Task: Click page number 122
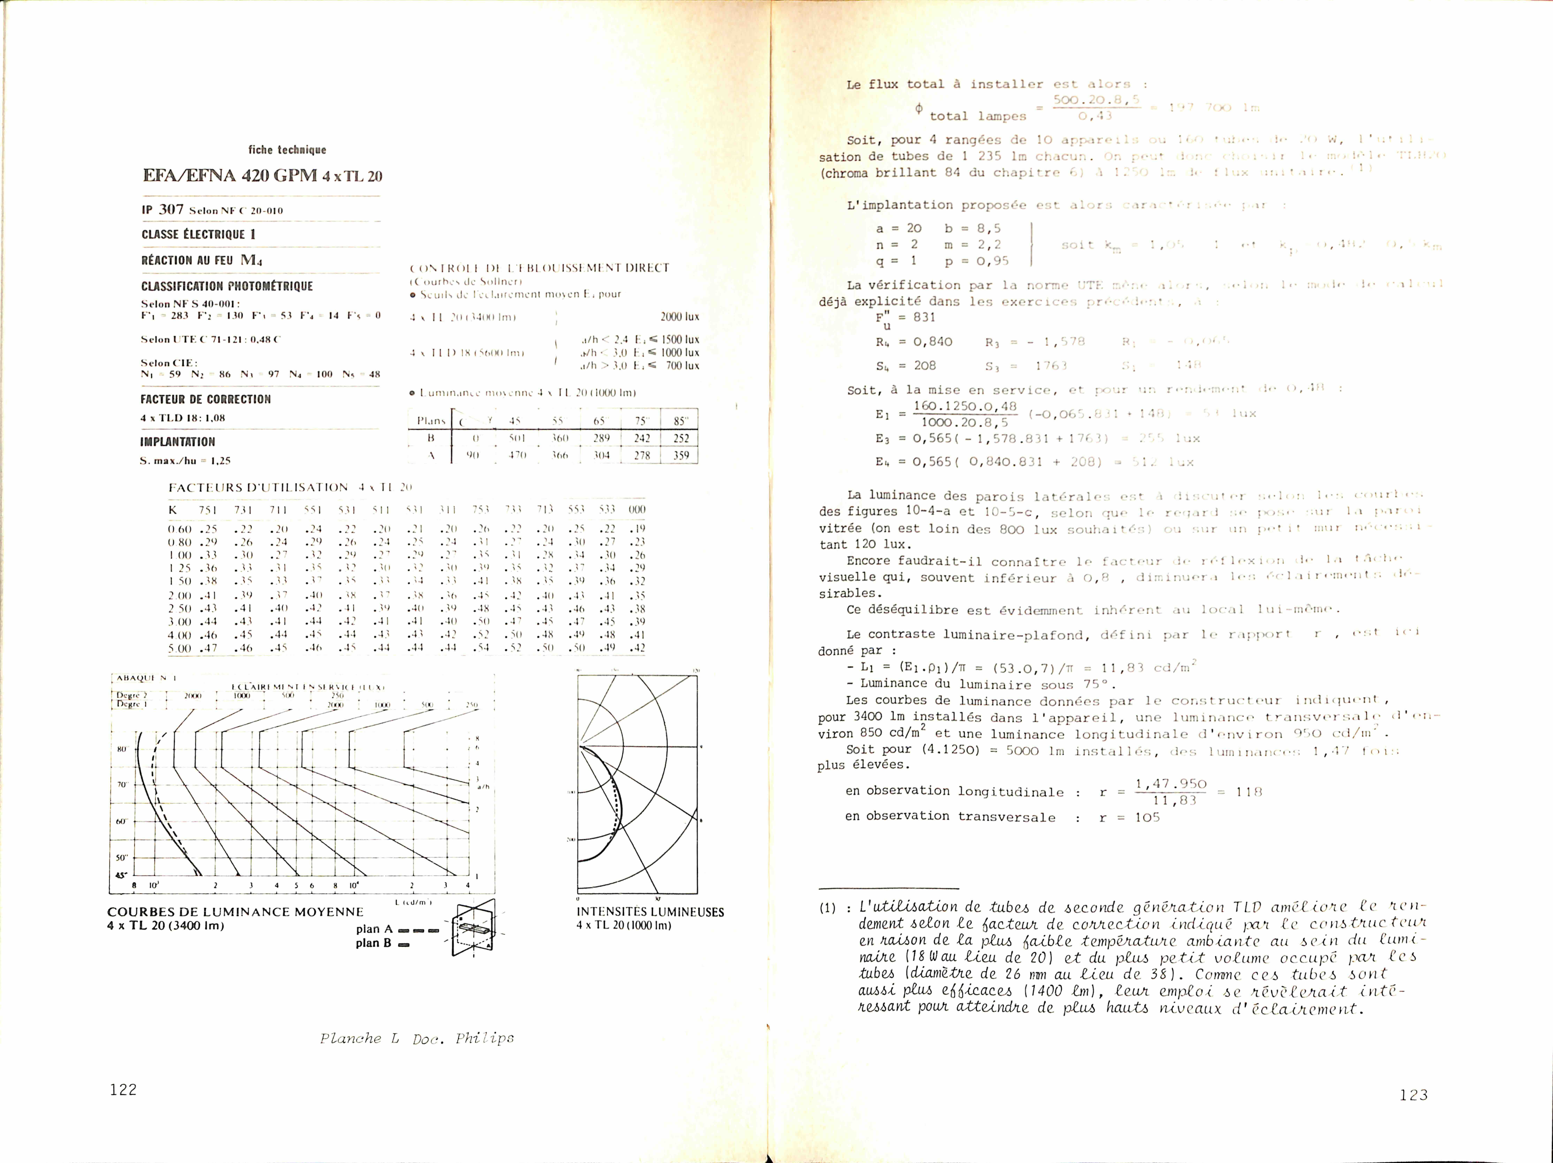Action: tap(124, 1089)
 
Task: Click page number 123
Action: tap(1413, 1094)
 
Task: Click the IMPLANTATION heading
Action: tap(178, 442)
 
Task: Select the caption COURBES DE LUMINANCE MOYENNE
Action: tap(235, 911)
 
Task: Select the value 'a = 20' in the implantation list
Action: tap(899, 228)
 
